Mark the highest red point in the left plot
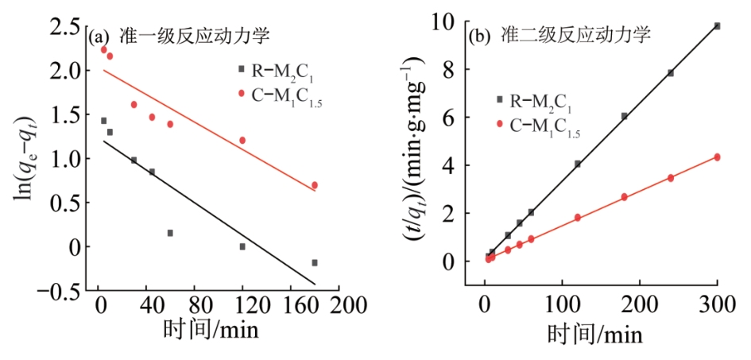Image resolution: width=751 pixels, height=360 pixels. point(103,49)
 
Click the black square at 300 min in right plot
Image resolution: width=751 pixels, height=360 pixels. point(717,26)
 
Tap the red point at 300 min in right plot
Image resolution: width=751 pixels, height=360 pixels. point(717,157)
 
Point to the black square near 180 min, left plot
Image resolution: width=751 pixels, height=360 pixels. point(315,262)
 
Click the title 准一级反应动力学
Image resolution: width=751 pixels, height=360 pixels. point(195,36)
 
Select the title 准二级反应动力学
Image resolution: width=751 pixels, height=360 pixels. point(575,35)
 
